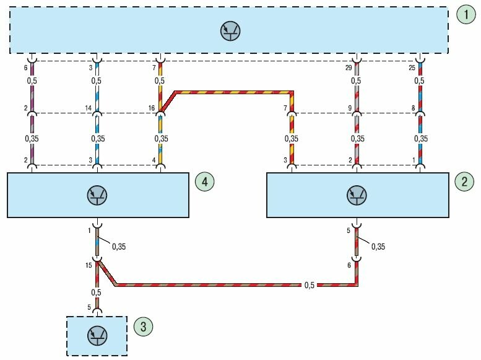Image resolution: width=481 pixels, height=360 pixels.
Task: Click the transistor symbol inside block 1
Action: [232, 30]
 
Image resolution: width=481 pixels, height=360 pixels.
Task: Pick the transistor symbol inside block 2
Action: [357, 195]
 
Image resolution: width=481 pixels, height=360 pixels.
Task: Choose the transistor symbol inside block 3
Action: [97, 335]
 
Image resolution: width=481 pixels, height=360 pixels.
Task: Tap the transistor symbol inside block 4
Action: [98, 195]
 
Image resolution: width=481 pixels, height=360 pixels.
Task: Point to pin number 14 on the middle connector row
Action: [89, 108]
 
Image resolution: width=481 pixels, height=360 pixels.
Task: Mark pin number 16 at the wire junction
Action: [152, 108]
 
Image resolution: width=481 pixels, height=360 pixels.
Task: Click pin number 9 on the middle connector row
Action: [350, 108]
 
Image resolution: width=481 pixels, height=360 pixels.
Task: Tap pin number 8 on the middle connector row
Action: [414, 108]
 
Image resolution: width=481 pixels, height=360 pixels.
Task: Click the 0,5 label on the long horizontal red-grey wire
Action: [309, 286]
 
